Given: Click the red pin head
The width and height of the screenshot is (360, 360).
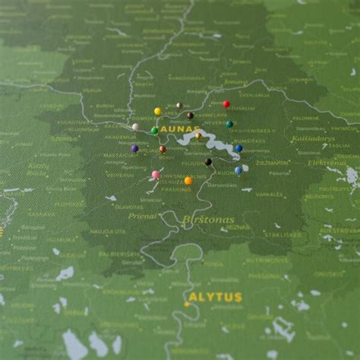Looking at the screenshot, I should pos(226,104).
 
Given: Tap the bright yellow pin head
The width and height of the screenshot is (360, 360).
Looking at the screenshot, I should pos(158,112).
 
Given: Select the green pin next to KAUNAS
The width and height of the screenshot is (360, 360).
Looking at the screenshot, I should pos(154,131).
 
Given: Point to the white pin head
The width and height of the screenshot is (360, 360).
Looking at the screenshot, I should pos(135,127).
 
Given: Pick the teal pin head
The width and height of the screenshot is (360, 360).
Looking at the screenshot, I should pos(229,125).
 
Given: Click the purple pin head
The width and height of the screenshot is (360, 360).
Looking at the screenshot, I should pos(134,149).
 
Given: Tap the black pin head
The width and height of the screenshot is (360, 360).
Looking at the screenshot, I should pos(208,162).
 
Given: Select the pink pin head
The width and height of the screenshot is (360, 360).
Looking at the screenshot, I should pos(156,175).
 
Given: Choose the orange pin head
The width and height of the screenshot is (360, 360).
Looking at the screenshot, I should pos(188,181).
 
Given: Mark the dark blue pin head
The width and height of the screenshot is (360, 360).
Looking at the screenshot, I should pos(238,149).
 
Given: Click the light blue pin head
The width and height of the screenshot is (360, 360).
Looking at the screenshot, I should pos(238,170).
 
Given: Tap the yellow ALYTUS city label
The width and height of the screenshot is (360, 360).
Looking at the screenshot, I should pos(215,297).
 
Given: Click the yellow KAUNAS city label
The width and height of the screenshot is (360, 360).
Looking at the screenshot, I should pos(181,131).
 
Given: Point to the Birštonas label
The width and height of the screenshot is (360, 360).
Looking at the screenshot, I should pos(208,219).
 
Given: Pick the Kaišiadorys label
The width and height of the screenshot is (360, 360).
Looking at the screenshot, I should pos(313,139).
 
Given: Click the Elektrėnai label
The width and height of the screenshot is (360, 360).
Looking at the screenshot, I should pos(327,163).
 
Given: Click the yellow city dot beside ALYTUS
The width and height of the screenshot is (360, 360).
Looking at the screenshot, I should pos(187,304).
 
